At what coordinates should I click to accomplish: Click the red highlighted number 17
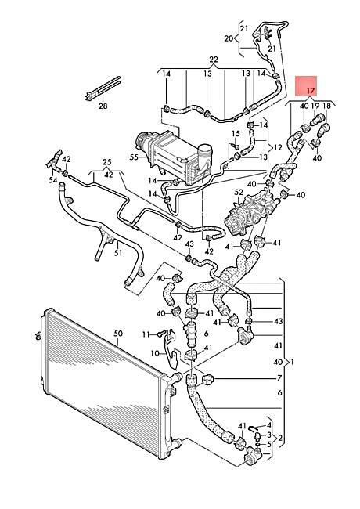tap(311, 91)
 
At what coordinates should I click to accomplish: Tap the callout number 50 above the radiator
tap(118, 333)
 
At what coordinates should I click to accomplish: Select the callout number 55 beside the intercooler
tap(134, 157)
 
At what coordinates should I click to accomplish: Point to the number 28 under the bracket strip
tap(103, 106)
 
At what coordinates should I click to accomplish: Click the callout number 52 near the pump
tap(239, 193)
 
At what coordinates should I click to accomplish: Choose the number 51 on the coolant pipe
tap(117, 252)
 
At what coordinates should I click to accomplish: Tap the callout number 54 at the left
tap(53, 180)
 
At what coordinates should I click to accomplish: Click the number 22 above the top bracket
tap(214, 60)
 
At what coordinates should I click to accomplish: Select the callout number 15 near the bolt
tap(236, 133)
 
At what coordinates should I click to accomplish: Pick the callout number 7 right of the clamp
tap(279, 378)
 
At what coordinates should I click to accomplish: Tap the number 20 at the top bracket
tap(229, 38)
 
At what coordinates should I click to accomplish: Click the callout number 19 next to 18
tap(315, 106)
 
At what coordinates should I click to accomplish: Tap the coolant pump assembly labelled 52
tap(250, 213)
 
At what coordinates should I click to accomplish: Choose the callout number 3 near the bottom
tap(269, 435)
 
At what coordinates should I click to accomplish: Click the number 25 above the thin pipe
tap(107, 162)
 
